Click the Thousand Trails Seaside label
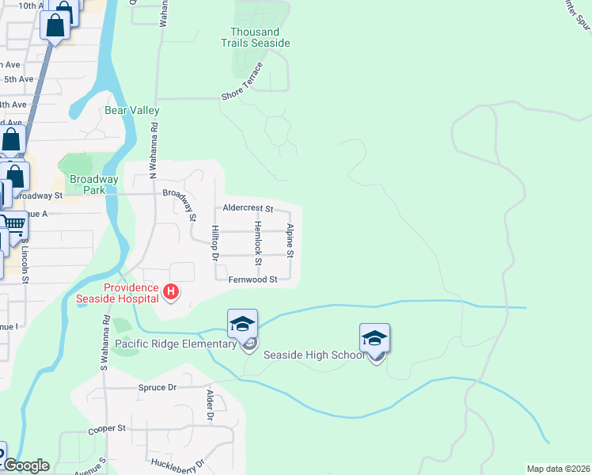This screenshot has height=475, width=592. click(x=260, y=37)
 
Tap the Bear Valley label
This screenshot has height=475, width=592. click(x=132, y=111)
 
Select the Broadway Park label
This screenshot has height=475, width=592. click(x=93, y=184)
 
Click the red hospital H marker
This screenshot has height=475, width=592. click(x=170, y=293)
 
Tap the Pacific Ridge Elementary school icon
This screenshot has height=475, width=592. click(x=243, y=324)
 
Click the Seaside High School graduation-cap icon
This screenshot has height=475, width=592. click(x=374, y=338)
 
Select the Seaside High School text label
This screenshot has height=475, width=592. click(x=314, y=355)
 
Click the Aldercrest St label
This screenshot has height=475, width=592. click(x=249, y=209)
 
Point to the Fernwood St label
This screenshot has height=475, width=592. click(x=253, y=279)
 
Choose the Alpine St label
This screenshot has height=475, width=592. click(x=290, y=241)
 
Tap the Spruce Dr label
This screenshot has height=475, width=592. click(x=157, y=387)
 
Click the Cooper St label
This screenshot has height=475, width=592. click(x=107, y=428)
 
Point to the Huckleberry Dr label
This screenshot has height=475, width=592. click(x=178, y=464)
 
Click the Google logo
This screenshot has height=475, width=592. click(x=26, y=465)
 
